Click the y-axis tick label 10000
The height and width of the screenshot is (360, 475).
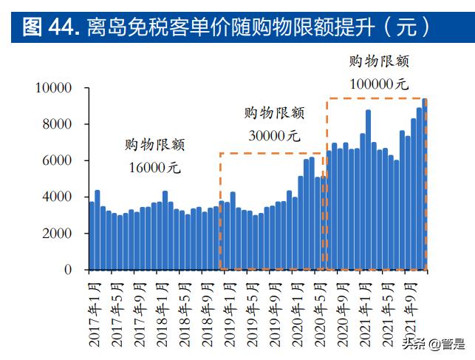pyautogui.click(x=52, y=88)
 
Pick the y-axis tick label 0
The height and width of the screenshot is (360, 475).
pyautogui.click(x=68, y=270)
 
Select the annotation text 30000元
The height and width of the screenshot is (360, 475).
pyautogui.click(x=273, y=135)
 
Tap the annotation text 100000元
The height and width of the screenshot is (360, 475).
pyautogui.click(x=378, y=84)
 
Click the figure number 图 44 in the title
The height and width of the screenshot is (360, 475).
pyautogui.click(x=46, y=27)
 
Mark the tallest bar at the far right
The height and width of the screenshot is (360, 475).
pyautogui.click(x=424, y=184)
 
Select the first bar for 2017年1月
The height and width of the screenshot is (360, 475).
pyautogui.click(x=92, y=236)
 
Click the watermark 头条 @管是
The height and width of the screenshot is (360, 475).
pyautogui.click(x=437, y=344)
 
